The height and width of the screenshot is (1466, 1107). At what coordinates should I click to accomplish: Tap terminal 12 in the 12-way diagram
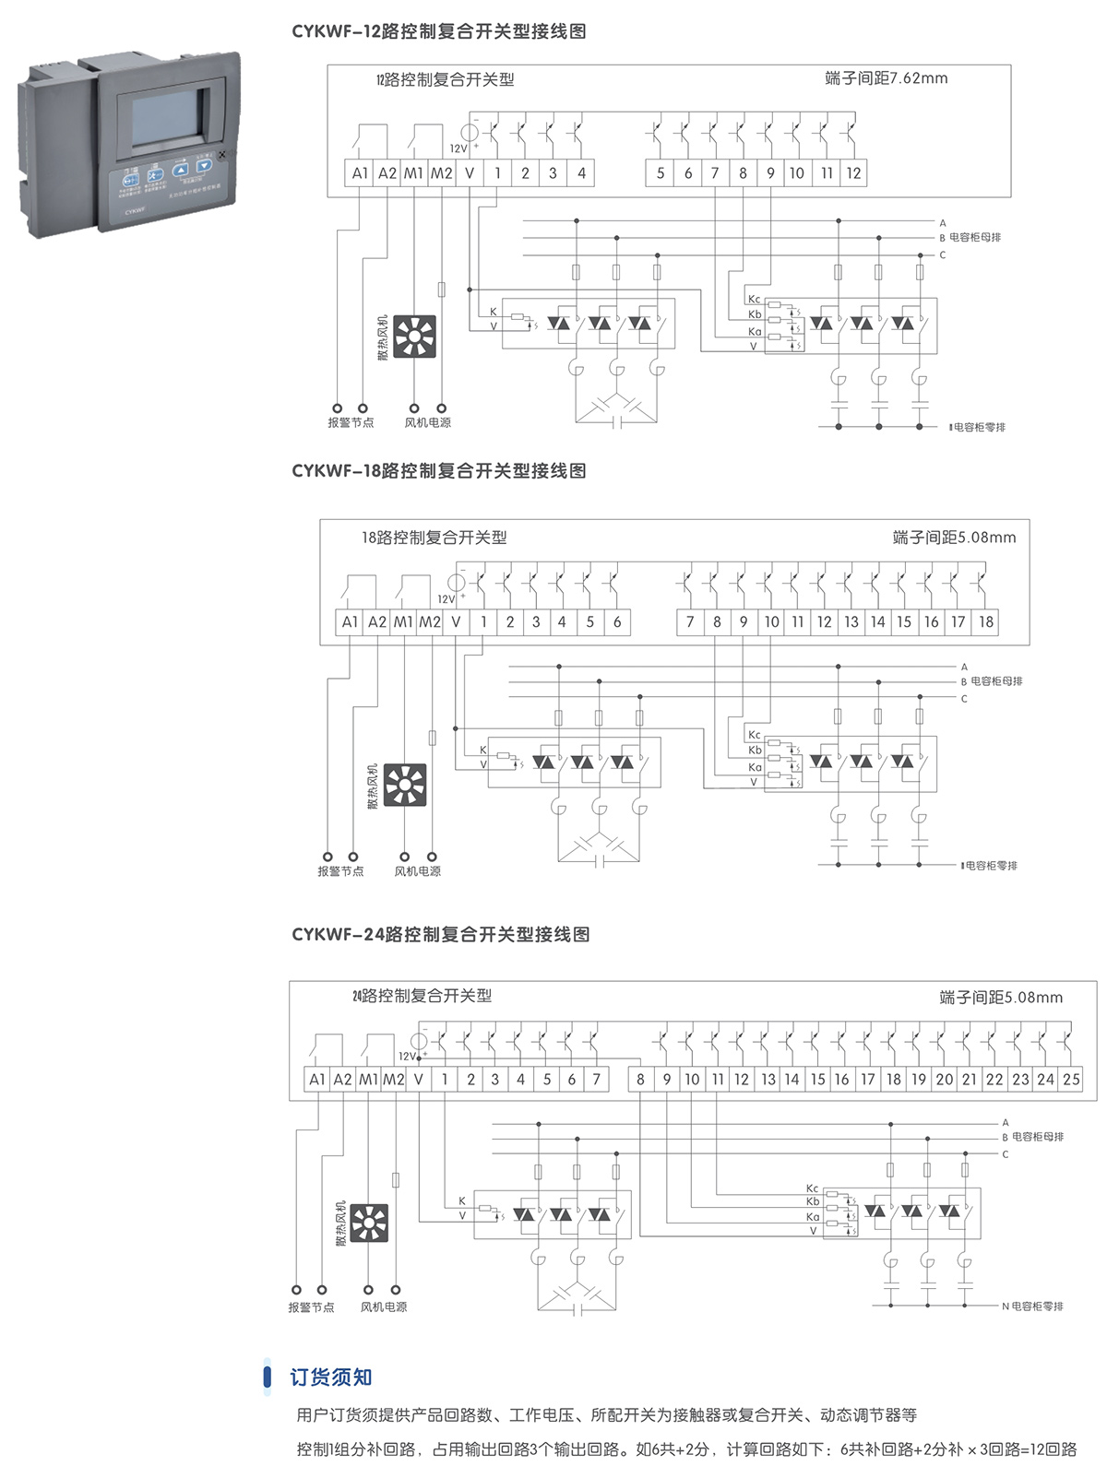point(853,172)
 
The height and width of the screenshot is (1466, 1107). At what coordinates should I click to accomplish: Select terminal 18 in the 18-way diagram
point(986,622)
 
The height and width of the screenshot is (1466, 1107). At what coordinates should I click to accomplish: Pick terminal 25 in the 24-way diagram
point(1071,1079)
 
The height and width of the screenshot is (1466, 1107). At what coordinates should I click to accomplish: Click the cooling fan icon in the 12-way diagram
point(414,337)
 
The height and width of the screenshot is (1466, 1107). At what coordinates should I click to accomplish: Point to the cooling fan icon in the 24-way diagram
point(369,1223)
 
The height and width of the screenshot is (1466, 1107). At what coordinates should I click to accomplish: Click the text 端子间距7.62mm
point(886,78)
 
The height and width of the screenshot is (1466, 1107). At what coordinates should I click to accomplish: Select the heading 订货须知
point(330,1377)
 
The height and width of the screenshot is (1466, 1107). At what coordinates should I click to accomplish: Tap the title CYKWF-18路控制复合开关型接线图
point(439,471)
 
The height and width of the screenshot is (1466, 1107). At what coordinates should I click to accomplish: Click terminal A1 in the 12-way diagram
point(360,172)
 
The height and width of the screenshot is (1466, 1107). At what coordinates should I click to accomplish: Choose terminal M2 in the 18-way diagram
point(430,622)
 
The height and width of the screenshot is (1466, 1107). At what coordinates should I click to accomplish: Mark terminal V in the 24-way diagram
point(419,1079)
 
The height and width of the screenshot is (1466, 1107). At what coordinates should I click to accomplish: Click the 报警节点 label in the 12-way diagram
point(351,422)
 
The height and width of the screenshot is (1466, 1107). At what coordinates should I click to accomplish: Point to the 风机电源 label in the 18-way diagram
point(417,871)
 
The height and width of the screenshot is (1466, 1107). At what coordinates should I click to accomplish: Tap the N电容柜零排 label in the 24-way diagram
point(1032,1306)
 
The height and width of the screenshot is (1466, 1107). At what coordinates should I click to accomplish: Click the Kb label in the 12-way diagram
point(755,314)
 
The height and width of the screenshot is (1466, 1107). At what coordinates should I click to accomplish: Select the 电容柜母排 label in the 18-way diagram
point(996,681)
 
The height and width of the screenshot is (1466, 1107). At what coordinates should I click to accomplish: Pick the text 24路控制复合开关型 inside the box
point(423,996)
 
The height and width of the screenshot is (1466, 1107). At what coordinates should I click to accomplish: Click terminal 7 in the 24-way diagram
point(597,1079)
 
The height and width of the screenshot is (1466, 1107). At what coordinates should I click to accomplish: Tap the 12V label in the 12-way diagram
point(458,148)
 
